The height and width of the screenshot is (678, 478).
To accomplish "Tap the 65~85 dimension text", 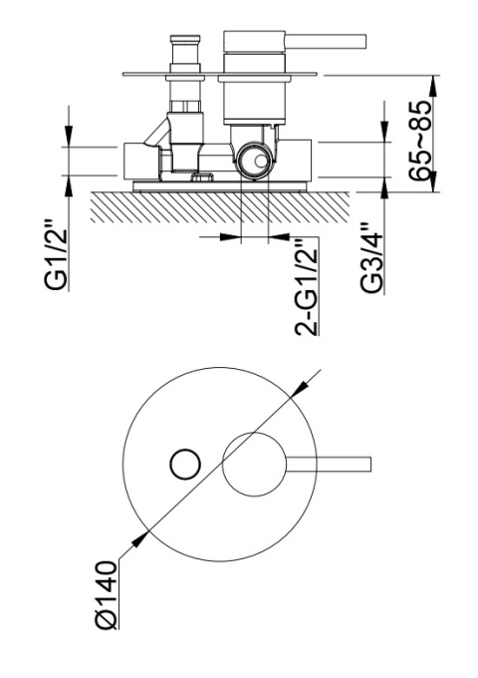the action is [x=419, y=141].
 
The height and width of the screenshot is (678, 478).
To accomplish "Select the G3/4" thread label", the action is [x=371, y=257].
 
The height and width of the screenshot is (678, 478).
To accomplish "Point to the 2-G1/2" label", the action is [x=306, y=286].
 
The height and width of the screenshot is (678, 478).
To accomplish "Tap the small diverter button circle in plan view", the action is [x=185, y=464].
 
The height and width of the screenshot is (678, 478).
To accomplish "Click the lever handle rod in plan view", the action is [x=329, y=464].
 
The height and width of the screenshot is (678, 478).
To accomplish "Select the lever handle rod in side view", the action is [x=325, y=42].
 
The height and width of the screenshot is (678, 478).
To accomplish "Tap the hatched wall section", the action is [x=219, y=207].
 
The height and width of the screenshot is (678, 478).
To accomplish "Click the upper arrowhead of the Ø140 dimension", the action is [x=299, y=388].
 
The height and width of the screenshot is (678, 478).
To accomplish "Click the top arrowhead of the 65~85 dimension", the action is [x=434, y=86].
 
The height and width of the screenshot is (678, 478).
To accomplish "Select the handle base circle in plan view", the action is [x=254, y=464].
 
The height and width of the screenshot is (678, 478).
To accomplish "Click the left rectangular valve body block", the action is [x=141, y=161].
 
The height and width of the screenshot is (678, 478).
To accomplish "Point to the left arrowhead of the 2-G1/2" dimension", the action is [x=231, y=237].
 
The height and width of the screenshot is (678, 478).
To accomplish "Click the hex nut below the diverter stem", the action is [x=185, y=106].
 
